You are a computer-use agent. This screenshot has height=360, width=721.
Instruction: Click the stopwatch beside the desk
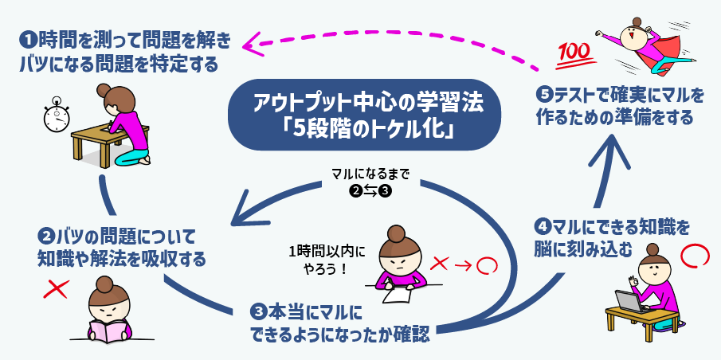tap(55, 116)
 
